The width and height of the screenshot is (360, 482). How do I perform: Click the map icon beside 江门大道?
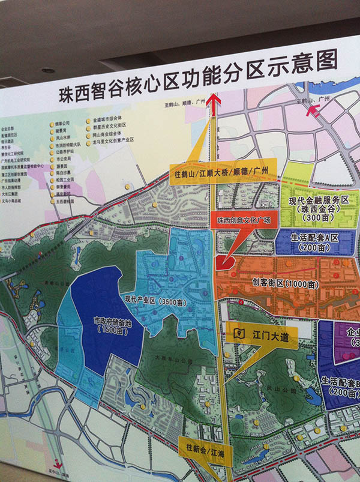pyautogui.click(x=239, y=333)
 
